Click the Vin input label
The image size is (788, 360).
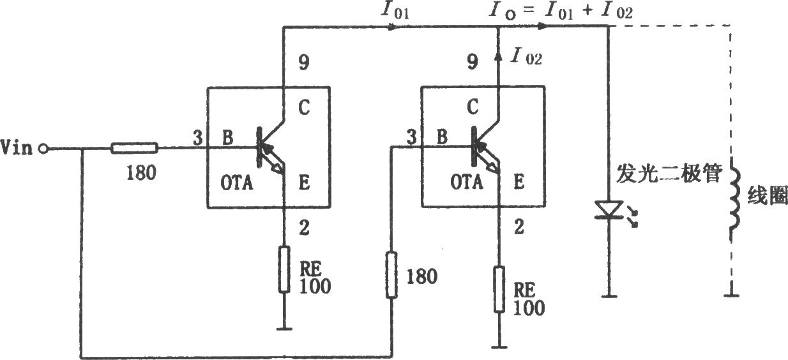coord(17,147)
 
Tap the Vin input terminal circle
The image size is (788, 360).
coord(43,149)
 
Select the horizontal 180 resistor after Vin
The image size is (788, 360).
coord(134,148)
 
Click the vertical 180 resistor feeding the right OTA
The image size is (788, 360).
coord(391,275)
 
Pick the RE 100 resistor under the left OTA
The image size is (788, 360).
coord(284,269)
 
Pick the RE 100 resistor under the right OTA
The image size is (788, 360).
coord(499,289)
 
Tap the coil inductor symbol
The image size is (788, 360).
coord(734,199)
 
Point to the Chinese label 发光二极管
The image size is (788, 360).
coord(669,174)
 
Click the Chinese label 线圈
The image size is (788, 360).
coord(768,195)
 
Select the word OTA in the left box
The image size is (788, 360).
coord(237,183)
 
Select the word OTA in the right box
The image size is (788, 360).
coord(466,182)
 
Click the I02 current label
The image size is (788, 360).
coord(526,56)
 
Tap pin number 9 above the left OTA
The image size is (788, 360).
coord(304,63)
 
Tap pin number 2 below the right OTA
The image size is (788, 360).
coord(519,227)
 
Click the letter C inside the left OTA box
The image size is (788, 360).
coord(304,107)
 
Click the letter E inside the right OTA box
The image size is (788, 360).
coord(519,182)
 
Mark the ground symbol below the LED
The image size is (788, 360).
coord(609,296)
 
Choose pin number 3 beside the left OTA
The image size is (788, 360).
coord(198,137)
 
